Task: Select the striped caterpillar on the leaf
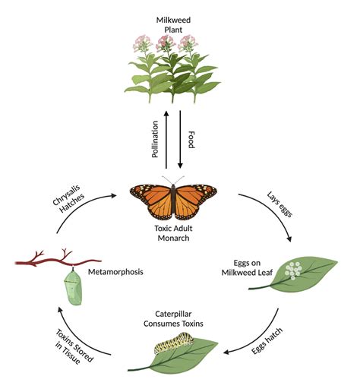175,346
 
